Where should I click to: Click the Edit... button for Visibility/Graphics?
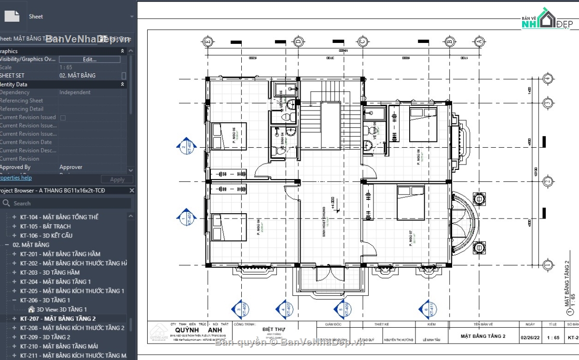click(x=90, y=59)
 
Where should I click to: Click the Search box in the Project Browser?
click(x=68, y=204)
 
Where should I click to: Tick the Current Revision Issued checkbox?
click(x=63, y=117)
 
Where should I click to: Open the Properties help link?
click(x=15, y=178)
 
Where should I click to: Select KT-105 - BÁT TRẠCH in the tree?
click(x=45, y=226)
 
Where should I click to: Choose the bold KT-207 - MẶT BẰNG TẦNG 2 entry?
click(x=58, y=318)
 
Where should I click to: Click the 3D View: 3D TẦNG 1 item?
click(x=61, y=309)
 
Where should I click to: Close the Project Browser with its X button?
click(x=132, y=191)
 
